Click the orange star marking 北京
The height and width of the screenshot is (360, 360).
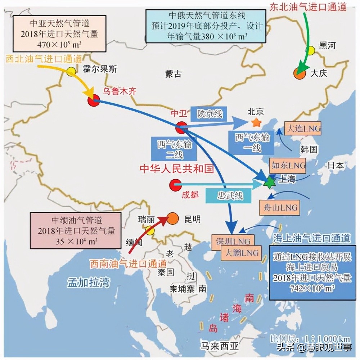click(x=256, y=122)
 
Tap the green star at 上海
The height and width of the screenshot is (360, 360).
click(x=269, y=183)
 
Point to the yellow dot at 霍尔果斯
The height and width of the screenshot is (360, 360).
click(x=71, y=71)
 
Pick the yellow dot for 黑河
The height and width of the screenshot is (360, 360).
click(x=310, y=51)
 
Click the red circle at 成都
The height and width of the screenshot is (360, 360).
click(x=176, y=185)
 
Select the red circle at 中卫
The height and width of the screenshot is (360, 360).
click(x=181, y=127)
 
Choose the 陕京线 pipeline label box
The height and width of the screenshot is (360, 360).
click(x=210, y=114)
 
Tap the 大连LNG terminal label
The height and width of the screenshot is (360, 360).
click(x=302, y=129)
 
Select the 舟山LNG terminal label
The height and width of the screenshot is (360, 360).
click(x=279, y=208)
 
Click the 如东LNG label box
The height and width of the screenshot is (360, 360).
click(x=288, y=165)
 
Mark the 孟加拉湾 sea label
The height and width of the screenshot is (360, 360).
click(x=88, y=282)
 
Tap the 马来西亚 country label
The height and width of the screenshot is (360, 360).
click(x=220, y=346)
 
